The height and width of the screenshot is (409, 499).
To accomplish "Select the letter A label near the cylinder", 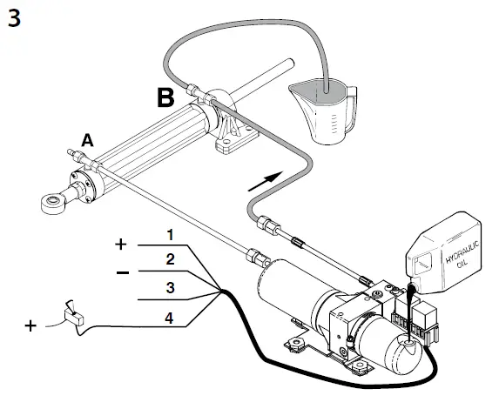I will click(87, 138).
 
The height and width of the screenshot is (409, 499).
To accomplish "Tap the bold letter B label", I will click(168, 97).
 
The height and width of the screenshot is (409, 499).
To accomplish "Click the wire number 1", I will click(172, 234).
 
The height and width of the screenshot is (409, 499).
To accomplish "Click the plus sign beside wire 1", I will click(120, 244).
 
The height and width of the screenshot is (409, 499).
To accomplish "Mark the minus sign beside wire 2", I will click(124, 272).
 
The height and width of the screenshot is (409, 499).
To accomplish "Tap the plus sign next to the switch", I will click(30, 325).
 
